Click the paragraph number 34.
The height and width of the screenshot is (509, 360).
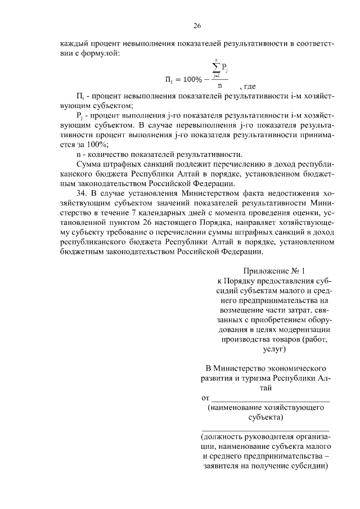pyautogui.click(x=80, y=192)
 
